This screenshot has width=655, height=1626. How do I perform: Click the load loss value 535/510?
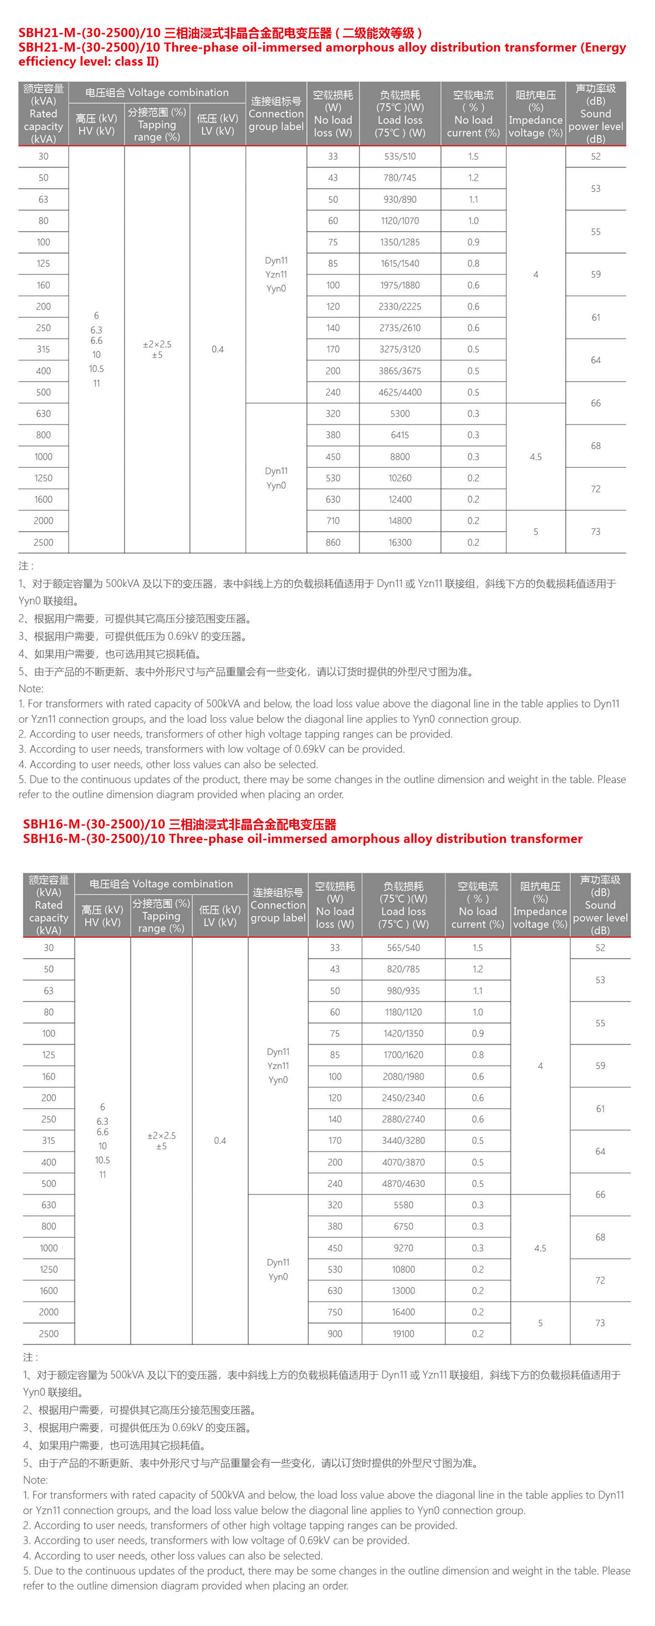coord(400,157)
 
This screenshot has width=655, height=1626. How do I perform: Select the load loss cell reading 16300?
coord(400,542)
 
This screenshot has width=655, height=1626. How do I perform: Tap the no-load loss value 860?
coord(333,542)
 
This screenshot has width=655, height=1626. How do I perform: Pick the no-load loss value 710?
coord(333,521)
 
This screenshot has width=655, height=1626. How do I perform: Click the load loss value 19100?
coord(404,1334)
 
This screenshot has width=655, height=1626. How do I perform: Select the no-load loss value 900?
coord(335,1334)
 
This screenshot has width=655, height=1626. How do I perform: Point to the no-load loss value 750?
coord(335,1312)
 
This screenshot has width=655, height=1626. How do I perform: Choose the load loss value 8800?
coord(400,456)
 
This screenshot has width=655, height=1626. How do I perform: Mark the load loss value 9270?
coord(404,1248)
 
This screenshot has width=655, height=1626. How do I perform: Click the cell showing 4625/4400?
coord(400,392)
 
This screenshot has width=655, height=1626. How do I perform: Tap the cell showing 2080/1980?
coord(404,1076)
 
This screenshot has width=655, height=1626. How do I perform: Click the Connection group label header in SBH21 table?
coord(276,114)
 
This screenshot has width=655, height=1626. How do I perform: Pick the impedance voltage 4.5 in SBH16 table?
coord(540,1248)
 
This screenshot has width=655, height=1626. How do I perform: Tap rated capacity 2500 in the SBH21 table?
coord(43,542)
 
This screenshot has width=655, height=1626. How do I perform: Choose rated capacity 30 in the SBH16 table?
coord(49,947)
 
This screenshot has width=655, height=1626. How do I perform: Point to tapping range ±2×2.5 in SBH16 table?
coord(161,1135)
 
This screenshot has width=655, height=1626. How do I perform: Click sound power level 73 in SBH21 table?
coord(596,531)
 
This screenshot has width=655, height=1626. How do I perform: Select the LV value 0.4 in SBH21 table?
coord(217,349)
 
